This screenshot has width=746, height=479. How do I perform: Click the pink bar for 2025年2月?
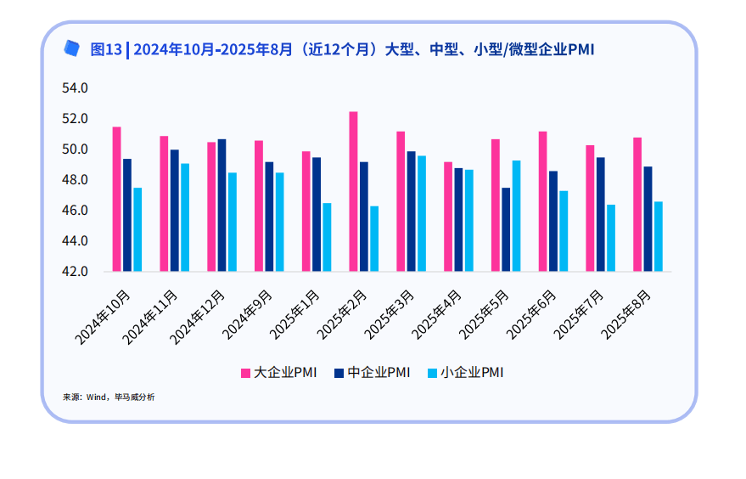pos(353,192)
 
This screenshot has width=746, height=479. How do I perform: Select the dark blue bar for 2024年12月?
pos(222,206)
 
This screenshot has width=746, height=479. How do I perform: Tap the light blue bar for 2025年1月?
pos(327,237)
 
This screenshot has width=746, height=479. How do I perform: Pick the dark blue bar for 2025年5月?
pos(506,229)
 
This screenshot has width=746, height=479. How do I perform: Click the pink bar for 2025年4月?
pos(448,217)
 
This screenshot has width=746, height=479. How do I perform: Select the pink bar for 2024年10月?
pos(116,200)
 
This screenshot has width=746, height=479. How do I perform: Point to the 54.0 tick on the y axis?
pos(75,88)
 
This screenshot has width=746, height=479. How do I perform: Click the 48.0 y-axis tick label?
pos(75,180)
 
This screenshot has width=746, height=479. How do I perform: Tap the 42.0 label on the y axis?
pos(75,272)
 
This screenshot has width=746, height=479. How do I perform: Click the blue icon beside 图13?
pos(72,48)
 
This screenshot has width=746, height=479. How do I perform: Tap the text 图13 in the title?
pos(106,49)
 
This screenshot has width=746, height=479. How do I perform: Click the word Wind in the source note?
pos(96,397)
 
